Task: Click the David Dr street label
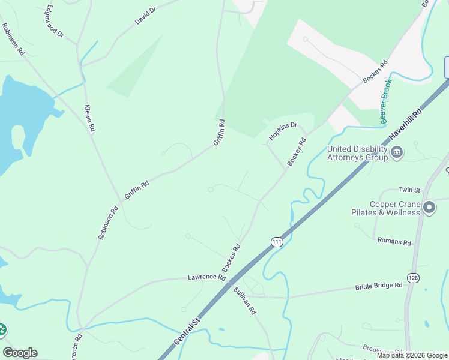pyautogui.click(x=145, y=16)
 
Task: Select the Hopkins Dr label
pyautogui.click(x=283, y=131)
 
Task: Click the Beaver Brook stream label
pyautogui.click(x=386, y=101)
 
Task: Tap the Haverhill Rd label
pyautogui.click(x=406, y=125)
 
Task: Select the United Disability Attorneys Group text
pyautogui.click(x=357, y=154)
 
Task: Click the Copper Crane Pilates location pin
pyautogui.click(x=429, y=208)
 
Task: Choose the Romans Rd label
pyautogui.click(x=394, y=242)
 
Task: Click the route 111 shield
pyautogui.click(x=276, y=242)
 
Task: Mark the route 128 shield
pyautogui.click(x=413, y=278)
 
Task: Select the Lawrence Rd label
pyautogui.click(x=206, y=277)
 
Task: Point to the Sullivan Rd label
pyautogui.click(x=245, y=301)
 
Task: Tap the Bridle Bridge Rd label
pyautogui.click(x=378, y=286)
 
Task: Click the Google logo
pyautogui.click(x=20, y=353)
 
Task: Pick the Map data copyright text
pyautogui.click(x=412, y=355)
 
